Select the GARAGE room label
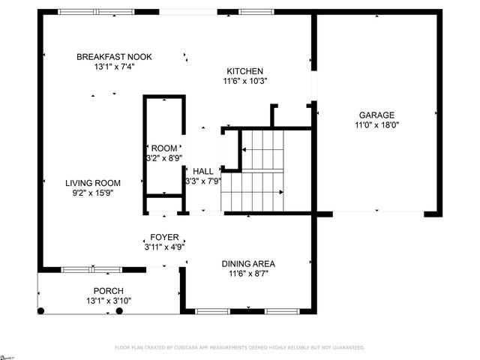(x=376, y=115)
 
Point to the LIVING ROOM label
(x=92, y=182)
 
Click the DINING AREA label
(x=247, y=263)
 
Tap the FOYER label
(x=164, y=236)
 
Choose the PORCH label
(x=108, y=291)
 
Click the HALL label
(x=203, y=171)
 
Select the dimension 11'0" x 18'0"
(x=376, y=125)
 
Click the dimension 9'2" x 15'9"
(x=92, y=193)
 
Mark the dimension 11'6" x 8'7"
(x=247, y=274)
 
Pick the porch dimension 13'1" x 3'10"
(x=108, y=301)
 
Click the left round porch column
(x=41, y=310)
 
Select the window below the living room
(x=91, y=268)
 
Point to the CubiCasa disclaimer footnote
(x=239, y=348)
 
